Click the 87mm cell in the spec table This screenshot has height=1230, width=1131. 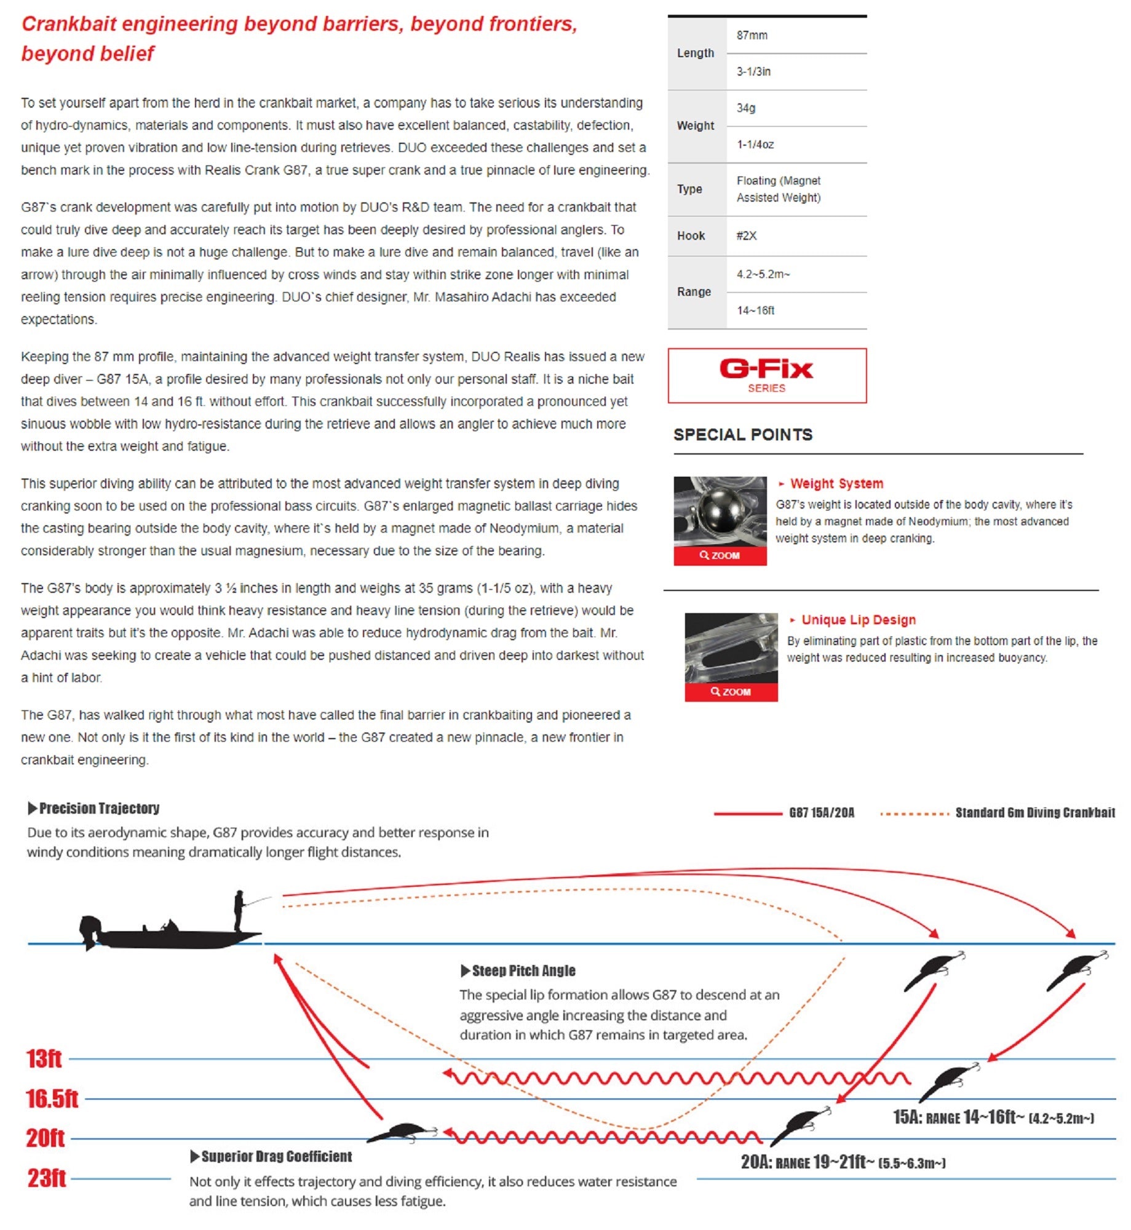point(752,36)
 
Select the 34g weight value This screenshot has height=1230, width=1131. point(745,108)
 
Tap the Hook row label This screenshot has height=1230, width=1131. point(691,236)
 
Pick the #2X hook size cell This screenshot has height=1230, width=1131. point(746,236)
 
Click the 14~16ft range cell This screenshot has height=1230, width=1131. point(755,311)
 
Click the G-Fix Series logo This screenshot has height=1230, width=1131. point(766,375)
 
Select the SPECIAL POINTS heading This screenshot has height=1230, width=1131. point(742,435)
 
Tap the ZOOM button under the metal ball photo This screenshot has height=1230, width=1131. point(720,555)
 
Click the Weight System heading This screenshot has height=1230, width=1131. point(836,484)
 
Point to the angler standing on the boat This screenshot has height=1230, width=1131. point(239,910)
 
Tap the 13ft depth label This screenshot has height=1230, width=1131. point(44,1058)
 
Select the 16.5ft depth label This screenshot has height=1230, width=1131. point(52,1098)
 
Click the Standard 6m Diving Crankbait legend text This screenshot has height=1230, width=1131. point(1034,813)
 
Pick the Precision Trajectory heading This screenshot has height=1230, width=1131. point(98,808)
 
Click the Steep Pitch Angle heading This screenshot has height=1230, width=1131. point(523,970)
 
